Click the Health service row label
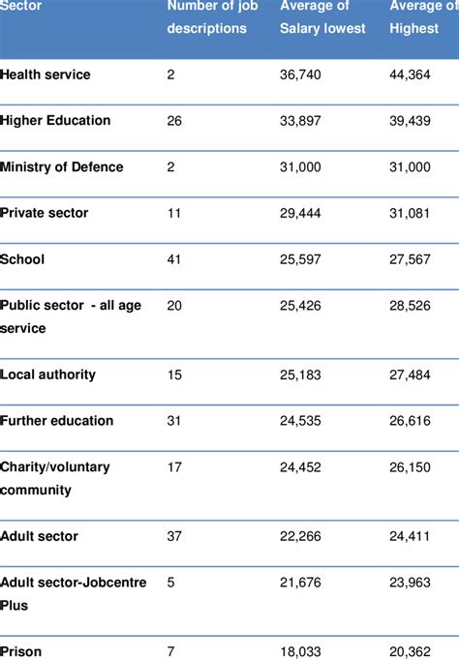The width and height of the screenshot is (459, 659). (x=46, y=75)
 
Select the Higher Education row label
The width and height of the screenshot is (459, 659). (x=56, y=121)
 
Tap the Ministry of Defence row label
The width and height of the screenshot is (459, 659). (x=62, y=166)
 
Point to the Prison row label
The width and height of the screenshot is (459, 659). (x=21, y=651)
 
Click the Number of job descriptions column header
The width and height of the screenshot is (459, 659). (x=208, y=17)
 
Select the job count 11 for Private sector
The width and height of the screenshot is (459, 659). (x=174, y=213)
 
